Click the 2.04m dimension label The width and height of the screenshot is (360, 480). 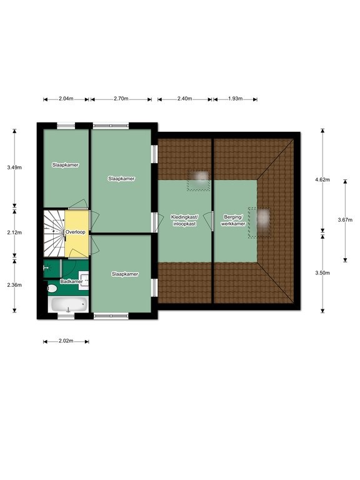pos(66,99)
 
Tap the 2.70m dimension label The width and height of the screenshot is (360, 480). pos(121,99)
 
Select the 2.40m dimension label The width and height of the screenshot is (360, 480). pos(184,99)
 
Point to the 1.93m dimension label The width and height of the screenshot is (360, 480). pos(236,99)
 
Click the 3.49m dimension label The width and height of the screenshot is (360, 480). pos(14,167)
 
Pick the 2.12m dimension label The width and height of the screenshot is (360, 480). pos(14,232)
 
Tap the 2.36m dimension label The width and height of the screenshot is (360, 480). pos(14,285)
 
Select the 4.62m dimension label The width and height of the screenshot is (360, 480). pos(322,180)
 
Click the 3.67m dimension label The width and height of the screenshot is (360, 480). pos(345,220)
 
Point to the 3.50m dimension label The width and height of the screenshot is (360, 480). pos(322,273)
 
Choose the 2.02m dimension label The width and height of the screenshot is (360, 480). pos(66,341)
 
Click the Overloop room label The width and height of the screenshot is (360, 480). pos(75,232)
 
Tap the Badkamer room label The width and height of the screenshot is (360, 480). pos(71,282)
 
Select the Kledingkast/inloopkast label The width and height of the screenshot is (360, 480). pos(184,221)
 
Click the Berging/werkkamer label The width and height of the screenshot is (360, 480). pos(233,221)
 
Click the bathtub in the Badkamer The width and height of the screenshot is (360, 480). pos(68,304)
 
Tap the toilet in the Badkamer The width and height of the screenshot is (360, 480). pos(52,288)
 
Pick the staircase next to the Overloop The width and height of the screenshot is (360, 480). pos(54,233)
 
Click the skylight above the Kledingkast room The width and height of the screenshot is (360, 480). pos(199,181)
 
